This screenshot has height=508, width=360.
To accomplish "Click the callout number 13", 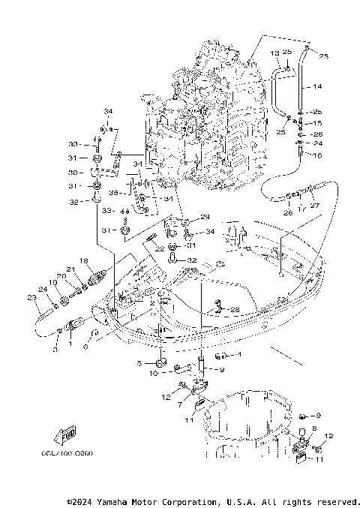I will coord(275,52).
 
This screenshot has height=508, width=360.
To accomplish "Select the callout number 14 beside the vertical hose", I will coord(317,86).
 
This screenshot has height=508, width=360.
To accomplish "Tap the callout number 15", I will coord(317,122).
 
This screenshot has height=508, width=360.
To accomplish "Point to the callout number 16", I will coord(317,155).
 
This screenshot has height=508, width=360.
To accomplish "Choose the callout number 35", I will coord(124,192).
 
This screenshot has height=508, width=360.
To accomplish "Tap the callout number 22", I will coord(160,248).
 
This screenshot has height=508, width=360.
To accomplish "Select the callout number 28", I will coord(235,309).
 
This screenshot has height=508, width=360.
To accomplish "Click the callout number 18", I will coord(84,260).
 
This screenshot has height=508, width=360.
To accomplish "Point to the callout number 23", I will coord(31,298).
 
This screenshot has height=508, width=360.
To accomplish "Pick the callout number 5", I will coord(139,363).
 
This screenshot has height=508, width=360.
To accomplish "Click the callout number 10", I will coord(153,373).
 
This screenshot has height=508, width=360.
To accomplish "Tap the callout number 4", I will coord(238,354).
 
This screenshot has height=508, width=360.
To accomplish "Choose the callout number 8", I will coord(313,428).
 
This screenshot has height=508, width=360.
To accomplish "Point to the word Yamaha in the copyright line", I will coord(116,501).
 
